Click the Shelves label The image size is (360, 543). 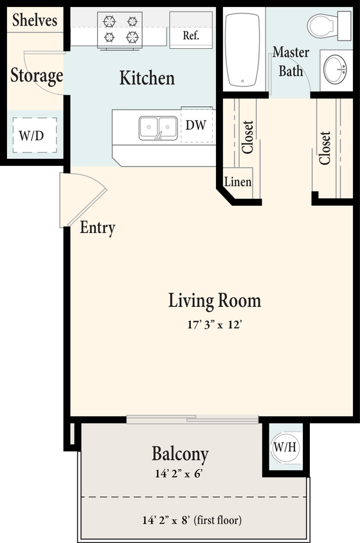(x=34, y=20)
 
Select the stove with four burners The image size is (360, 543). (x=120, y=30)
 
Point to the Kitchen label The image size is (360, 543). (x=147, y=78)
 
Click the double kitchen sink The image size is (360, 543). (x=158, y=127)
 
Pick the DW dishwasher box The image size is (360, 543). (x=195, y=125)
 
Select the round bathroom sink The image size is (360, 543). (x=336, y=69)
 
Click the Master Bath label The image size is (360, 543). (x=291, y=61)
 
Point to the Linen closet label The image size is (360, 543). (x=237, y=182)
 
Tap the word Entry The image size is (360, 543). (x=97, y=228)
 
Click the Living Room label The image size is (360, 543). (x=215, y=300)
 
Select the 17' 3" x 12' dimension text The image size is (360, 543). (x=215, y=325)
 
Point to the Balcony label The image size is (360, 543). (x=180, y=454)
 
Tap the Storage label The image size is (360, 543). (x=37, y=76)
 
